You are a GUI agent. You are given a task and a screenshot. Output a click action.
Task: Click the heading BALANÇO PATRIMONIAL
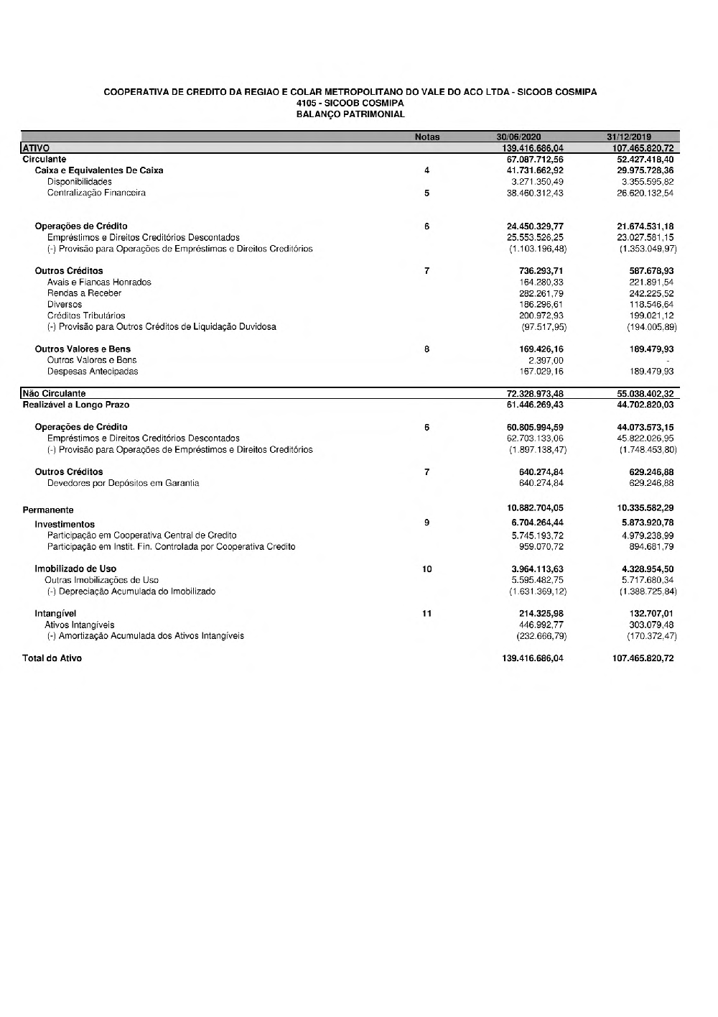[350, 114]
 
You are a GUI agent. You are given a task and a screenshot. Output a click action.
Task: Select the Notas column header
[427, 137]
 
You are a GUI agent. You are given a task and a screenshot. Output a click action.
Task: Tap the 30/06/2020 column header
[518, 137]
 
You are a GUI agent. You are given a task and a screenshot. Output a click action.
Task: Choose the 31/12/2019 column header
[628, 137]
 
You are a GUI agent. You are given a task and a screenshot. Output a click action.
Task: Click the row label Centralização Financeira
[96, 193]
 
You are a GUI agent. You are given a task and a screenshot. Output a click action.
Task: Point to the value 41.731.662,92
[535, 170]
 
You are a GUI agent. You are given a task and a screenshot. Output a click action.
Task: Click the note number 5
[427, 193]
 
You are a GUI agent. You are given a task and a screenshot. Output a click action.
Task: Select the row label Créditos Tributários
[86, 316]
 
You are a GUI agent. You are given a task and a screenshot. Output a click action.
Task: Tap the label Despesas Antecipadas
[93, 372]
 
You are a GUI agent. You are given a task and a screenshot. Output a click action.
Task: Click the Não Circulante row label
[54, 394]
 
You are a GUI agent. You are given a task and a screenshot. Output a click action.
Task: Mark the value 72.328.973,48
[535, 394]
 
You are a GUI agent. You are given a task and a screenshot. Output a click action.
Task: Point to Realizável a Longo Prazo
[76, 405]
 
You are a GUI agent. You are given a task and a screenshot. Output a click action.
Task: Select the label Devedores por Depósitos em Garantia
[123, 483]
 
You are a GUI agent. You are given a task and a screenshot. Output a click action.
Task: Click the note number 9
[427, 523]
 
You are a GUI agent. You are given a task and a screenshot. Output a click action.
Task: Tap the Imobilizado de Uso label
[75, 569]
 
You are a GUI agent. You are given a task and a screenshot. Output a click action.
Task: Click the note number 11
[427, 614]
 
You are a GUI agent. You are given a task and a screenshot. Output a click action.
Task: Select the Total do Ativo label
[52, 658]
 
